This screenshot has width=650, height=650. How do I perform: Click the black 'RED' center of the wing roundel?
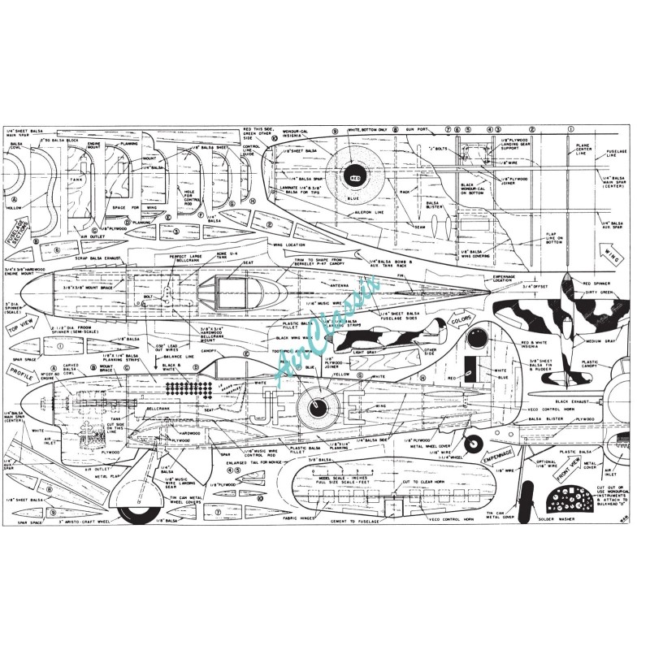click(x=355, y=175)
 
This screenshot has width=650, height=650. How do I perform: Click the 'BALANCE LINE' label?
click(x=188, y=354)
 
